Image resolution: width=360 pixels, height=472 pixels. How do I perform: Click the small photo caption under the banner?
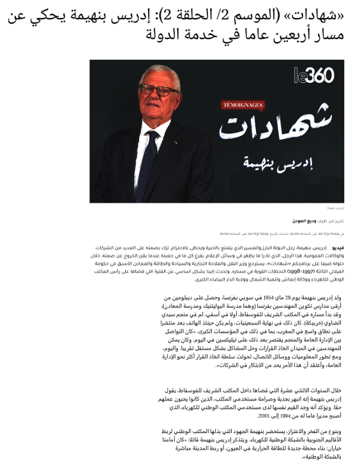[336, 208]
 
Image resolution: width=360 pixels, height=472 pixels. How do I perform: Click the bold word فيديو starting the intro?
[338, 246]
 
